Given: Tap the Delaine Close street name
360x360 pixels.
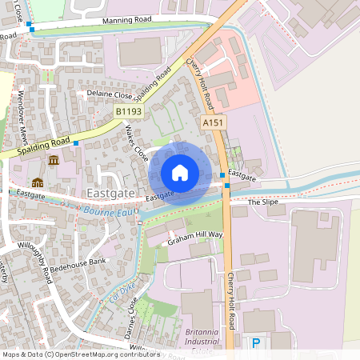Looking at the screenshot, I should tap(110, 94).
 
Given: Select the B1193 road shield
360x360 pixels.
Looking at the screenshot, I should tap(127, 112).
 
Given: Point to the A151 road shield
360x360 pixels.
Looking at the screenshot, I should tap(213, 122).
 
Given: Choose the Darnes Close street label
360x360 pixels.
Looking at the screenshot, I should tap(130, 318).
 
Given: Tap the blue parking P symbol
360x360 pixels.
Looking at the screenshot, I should tap(256, 343).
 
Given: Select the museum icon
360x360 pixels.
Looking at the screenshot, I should tap(53, 160).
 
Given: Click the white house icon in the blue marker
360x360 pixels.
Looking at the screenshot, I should tap(179, 172).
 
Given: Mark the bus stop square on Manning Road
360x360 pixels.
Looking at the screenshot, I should tap(30, 26).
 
